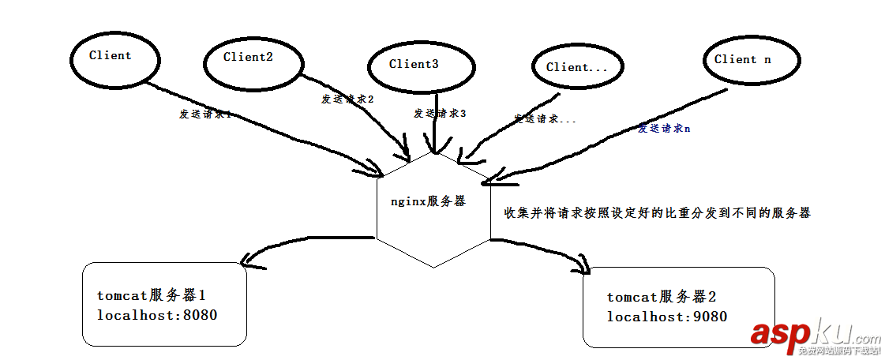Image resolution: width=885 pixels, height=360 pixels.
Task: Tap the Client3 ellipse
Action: coord(414,65)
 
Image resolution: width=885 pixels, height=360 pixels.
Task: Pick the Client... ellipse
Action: coord(577,68)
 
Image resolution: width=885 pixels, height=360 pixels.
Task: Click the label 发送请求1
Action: coord(204,114)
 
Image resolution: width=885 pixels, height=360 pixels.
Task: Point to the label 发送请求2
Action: coord(347,99)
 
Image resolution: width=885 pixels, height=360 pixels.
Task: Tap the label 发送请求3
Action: coord(440,113)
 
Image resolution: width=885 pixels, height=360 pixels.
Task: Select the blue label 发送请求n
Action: coord(664,128)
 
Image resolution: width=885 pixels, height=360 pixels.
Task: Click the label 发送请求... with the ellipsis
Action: coord(545,118)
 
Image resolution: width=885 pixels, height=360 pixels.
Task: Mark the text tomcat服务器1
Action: coord(151,296)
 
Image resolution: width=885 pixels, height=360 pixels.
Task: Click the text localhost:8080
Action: coord(156,315)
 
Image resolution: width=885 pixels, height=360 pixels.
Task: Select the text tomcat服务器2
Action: coord(661,298)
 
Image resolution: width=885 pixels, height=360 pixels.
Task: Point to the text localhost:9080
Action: coord(666,317)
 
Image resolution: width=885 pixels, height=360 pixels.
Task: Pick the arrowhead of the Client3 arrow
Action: coord(433,147)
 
